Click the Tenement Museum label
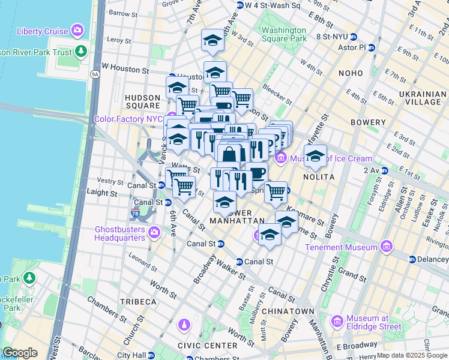(x=341, y=247)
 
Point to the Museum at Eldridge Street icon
(x=337, y=322)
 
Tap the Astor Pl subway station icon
(x=371, y=47)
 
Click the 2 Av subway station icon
(x=384, y=170)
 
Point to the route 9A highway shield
(x=94, y=74)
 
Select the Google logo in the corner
(x=20, y=353)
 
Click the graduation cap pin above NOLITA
(x=315, y=157)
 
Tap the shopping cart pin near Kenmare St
(x=276, y=193)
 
